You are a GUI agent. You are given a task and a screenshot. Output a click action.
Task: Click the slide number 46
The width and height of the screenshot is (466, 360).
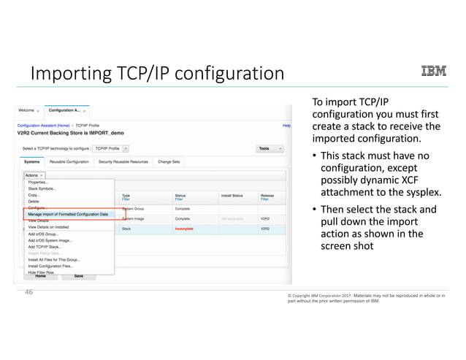(x=30, y=291)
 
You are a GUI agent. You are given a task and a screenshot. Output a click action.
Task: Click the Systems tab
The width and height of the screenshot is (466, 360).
(x=32, y=161)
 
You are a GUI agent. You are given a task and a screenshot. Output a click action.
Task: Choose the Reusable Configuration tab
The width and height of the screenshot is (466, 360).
(x=69, y=161)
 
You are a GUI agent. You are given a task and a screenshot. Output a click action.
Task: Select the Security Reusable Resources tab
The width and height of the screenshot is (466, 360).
(x=123, y=161)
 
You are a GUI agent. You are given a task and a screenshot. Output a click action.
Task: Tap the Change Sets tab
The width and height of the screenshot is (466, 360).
(x=169, y=161)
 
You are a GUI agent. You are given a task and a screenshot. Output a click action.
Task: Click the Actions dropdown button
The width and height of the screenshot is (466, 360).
(x=34, y=175)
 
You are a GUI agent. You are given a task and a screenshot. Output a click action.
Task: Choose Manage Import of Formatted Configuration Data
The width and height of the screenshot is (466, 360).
(x=68, y=213)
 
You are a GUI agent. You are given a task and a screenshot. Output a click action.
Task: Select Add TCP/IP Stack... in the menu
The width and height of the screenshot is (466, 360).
(x=46, y=247)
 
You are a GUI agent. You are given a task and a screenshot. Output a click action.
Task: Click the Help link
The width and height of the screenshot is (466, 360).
(x=287, y=126)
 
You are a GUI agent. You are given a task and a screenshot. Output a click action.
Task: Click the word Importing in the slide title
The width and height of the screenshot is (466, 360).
(x=68, y=74)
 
